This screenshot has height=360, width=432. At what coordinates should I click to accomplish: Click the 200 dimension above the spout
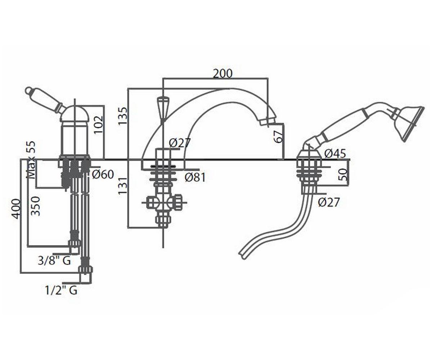click(x=222, y=73)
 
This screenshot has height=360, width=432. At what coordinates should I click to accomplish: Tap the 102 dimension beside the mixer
click(x=98, y=125)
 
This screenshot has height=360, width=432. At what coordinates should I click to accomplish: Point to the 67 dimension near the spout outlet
click(x=279, y=136)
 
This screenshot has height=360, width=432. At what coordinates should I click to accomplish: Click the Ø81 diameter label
click(x=195, y=177)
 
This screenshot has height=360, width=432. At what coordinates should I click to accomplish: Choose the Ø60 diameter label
click(x=103, y=174)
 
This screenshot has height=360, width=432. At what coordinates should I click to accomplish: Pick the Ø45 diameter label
click(x=335, y=153)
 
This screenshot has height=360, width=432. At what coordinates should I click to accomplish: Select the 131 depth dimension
click(x=122, y=186)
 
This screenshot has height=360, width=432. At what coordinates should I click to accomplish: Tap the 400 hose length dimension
click(x=16, y=209)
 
